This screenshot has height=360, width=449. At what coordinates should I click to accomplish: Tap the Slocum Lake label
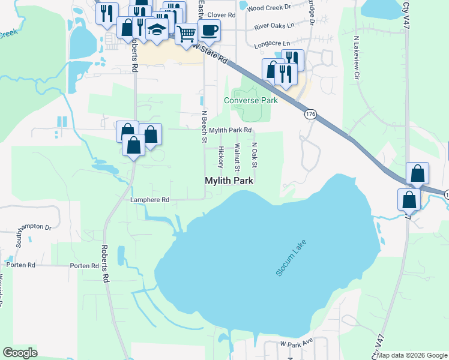coord(291,257)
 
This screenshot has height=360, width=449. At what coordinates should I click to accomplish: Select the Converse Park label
coord(250,100)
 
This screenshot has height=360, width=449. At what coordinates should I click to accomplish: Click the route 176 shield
coord(310,115)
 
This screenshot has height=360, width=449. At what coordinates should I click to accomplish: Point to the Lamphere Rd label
coord(149,199)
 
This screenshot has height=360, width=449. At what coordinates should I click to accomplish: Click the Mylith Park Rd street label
coord(230,130)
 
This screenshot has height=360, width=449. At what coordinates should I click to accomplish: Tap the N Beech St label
coord(204,127)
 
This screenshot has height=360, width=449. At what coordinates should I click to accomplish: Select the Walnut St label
coord(237,155)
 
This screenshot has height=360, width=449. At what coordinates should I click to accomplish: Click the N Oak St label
coord(254,155)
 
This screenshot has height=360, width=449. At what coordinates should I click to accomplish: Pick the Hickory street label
coord(221,157)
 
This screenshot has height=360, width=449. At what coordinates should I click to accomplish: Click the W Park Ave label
coord(297,342)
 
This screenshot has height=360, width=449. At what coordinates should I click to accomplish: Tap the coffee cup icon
coord(209,29)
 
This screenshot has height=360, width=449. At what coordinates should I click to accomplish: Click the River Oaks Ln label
coord(274,26)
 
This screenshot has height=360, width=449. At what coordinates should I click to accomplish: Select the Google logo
coord(20,353)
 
